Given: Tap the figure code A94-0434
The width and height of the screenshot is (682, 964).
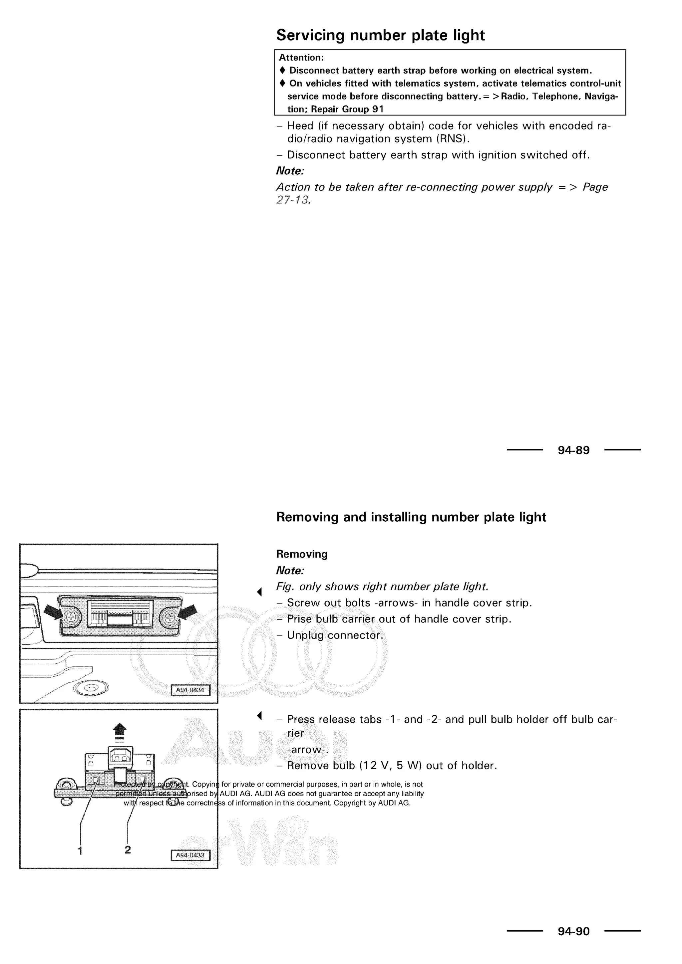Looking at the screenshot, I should coord(190,690).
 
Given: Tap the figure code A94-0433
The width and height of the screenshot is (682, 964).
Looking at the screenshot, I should coord(190,855).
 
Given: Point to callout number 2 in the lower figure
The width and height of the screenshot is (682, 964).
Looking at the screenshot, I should coord(128,849).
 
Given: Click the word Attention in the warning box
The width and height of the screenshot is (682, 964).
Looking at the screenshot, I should coord(301,58).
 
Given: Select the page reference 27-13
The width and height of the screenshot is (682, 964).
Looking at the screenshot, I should coord(293,200).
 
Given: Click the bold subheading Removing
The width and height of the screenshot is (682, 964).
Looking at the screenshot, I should coord(301,554).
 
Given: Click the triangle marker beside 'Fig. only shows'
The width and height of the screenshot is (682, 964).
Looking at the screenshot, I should coord(259,592).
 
